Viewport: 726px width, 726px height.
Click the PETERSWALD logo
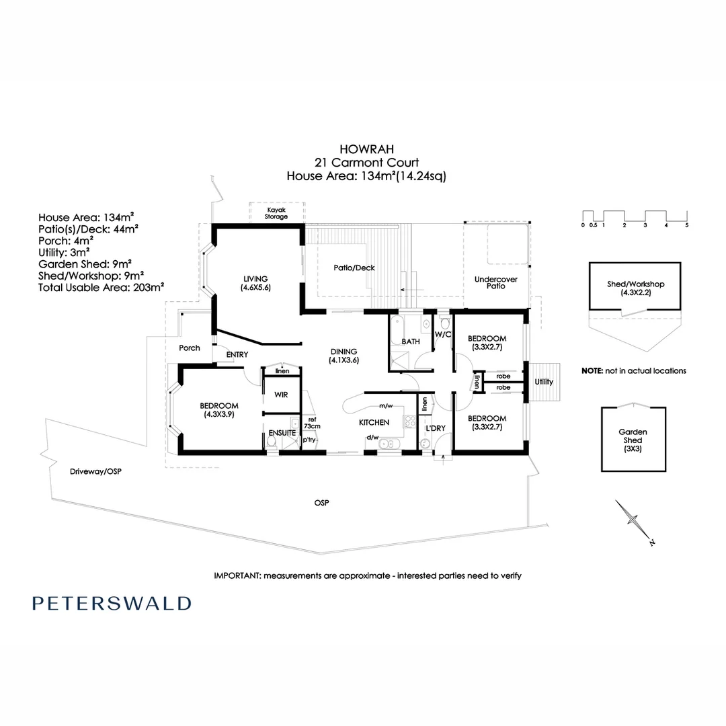pyautogui.click(x=111, y=603)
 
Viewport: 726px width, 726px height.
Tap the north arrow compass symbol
pyautogui.click(x=634, y=520)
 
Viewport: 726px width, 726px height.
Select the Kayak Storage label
pyautogui.click(x=276, y=213)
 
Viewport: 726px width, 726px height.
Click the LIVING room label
pyautogui.click(x=256, y=283)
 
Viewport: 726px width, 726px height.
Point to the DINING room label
pyautogui.click(x=343, y=356)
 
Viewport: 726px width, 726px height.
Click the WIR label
pyautogui.click(x=280, y=395)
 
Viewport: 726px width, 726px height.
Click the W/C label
pyautogui.click(x=442, y=334)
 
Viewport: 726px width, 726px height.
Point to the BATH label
pyautogui.click(x=411, y=341)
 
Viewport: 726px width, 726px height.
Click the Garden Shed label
pyautogui.click(x=633, y=441)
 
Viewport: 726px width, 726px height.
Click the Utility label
pyautogui.click(x=544, y=382)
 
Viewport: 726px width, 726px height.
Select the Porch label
pyautogui.click(x=189, y=348)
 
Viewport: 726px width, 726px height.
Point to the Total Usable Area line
pyautogui.click(x=102, y=286)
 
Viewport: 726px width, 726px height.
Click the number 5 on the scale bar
pyautogui.click(x=686, y=225)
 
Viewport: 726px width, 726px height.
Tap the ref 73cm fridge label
pyautogui.click(x=311, y=421)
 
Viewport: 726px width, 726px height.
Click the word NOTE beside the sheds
pyautogui.click(x=594, y=370)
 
